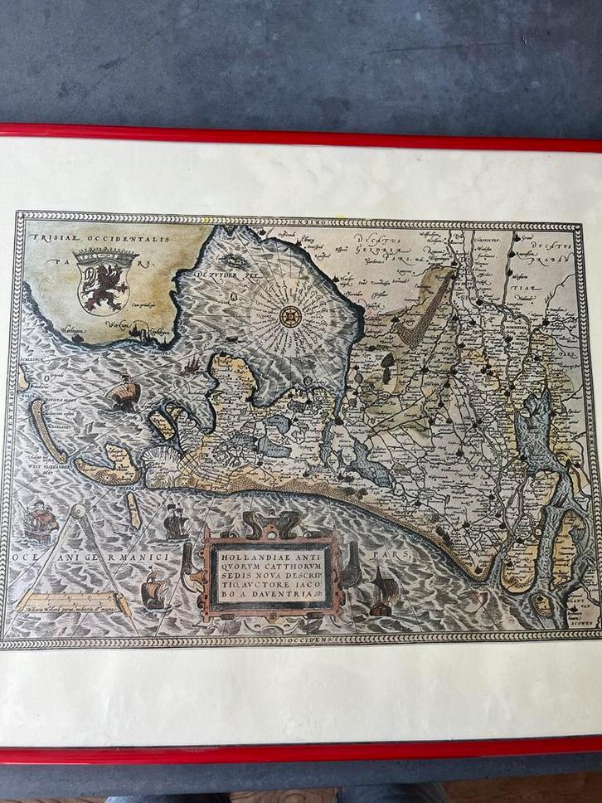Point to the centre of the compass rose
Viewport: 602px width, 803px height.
[x=289, y=316]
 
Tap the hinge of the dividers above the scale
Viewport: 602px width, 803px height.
[x=76, y=510]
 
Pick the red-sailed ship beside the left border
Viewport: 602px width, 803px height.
[x=39, y=520]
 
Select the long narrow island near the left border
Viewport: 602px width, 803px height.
[x=48, y=430]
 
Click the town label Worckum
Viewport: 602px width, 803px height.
[x=126, y=327]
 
